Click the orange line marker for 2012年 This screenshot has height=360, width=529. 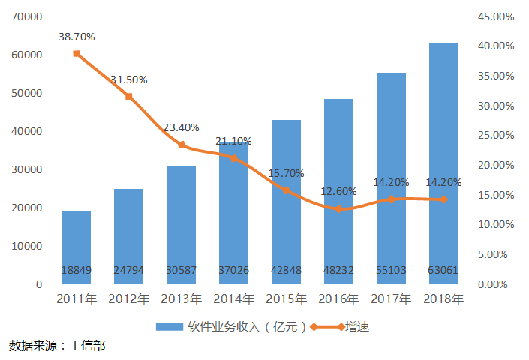[128, 96]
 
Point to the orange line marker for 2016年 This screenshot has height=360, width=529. [338, 208]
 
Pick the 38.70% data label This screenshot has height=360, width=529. [76, 36]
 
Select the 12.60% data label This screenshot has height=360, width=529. [338, 191]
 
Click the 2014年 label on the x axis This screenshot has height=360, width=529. [233, 299]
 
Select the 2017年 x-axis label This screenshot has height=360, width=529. [391, 299]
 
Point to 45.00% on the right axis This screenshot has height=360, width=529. [497, 16]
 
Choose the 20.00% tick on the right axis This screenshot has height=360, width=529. [497, 165]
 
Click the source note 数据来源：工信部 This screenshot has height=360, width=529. [57, 346]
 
